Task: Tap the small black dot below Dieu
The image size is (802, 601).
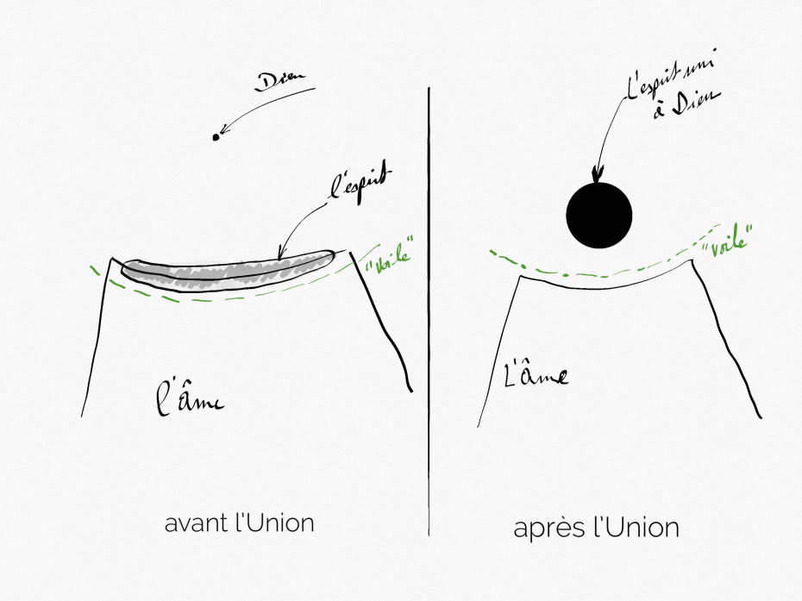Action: [216, 136]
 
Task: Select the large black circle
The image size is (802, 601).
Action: [599, 215]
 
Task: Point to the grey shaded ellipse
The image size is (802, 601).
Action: [226, 272]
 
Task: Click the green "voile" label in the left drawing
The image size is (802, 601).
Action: [385, 256]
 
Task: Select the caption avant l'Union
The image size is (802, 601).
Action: [239, 523]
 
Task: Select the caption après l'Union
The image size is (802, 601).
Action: [597, 527]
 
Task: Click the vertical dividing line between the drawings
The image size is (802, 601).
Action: [429, 310]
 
